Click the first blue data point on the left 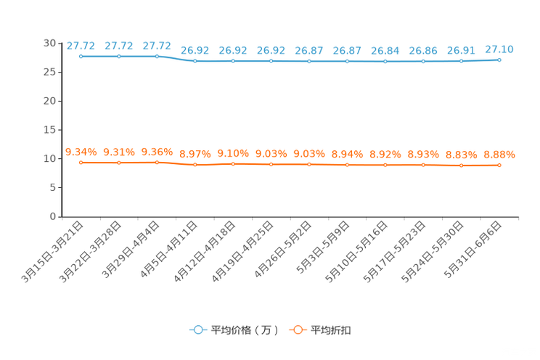81,56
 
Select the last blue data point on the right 499,60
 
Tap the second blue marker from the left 118,56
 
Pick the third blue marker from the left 157,56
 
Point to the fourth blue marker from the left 195,61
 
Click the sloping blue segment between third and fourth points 176,59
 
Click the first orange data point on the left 81,162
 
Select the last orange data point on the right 499,165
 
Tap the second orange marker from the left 118,162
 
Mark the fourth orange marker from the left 195,165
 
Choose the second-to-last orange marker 461,165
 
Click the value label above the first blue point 81,46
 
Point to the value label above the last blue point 499,49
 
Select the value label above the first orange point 81,151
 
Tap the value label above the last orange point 499,155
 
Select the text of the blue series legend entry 244,330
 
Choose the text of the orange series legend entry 331,330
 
